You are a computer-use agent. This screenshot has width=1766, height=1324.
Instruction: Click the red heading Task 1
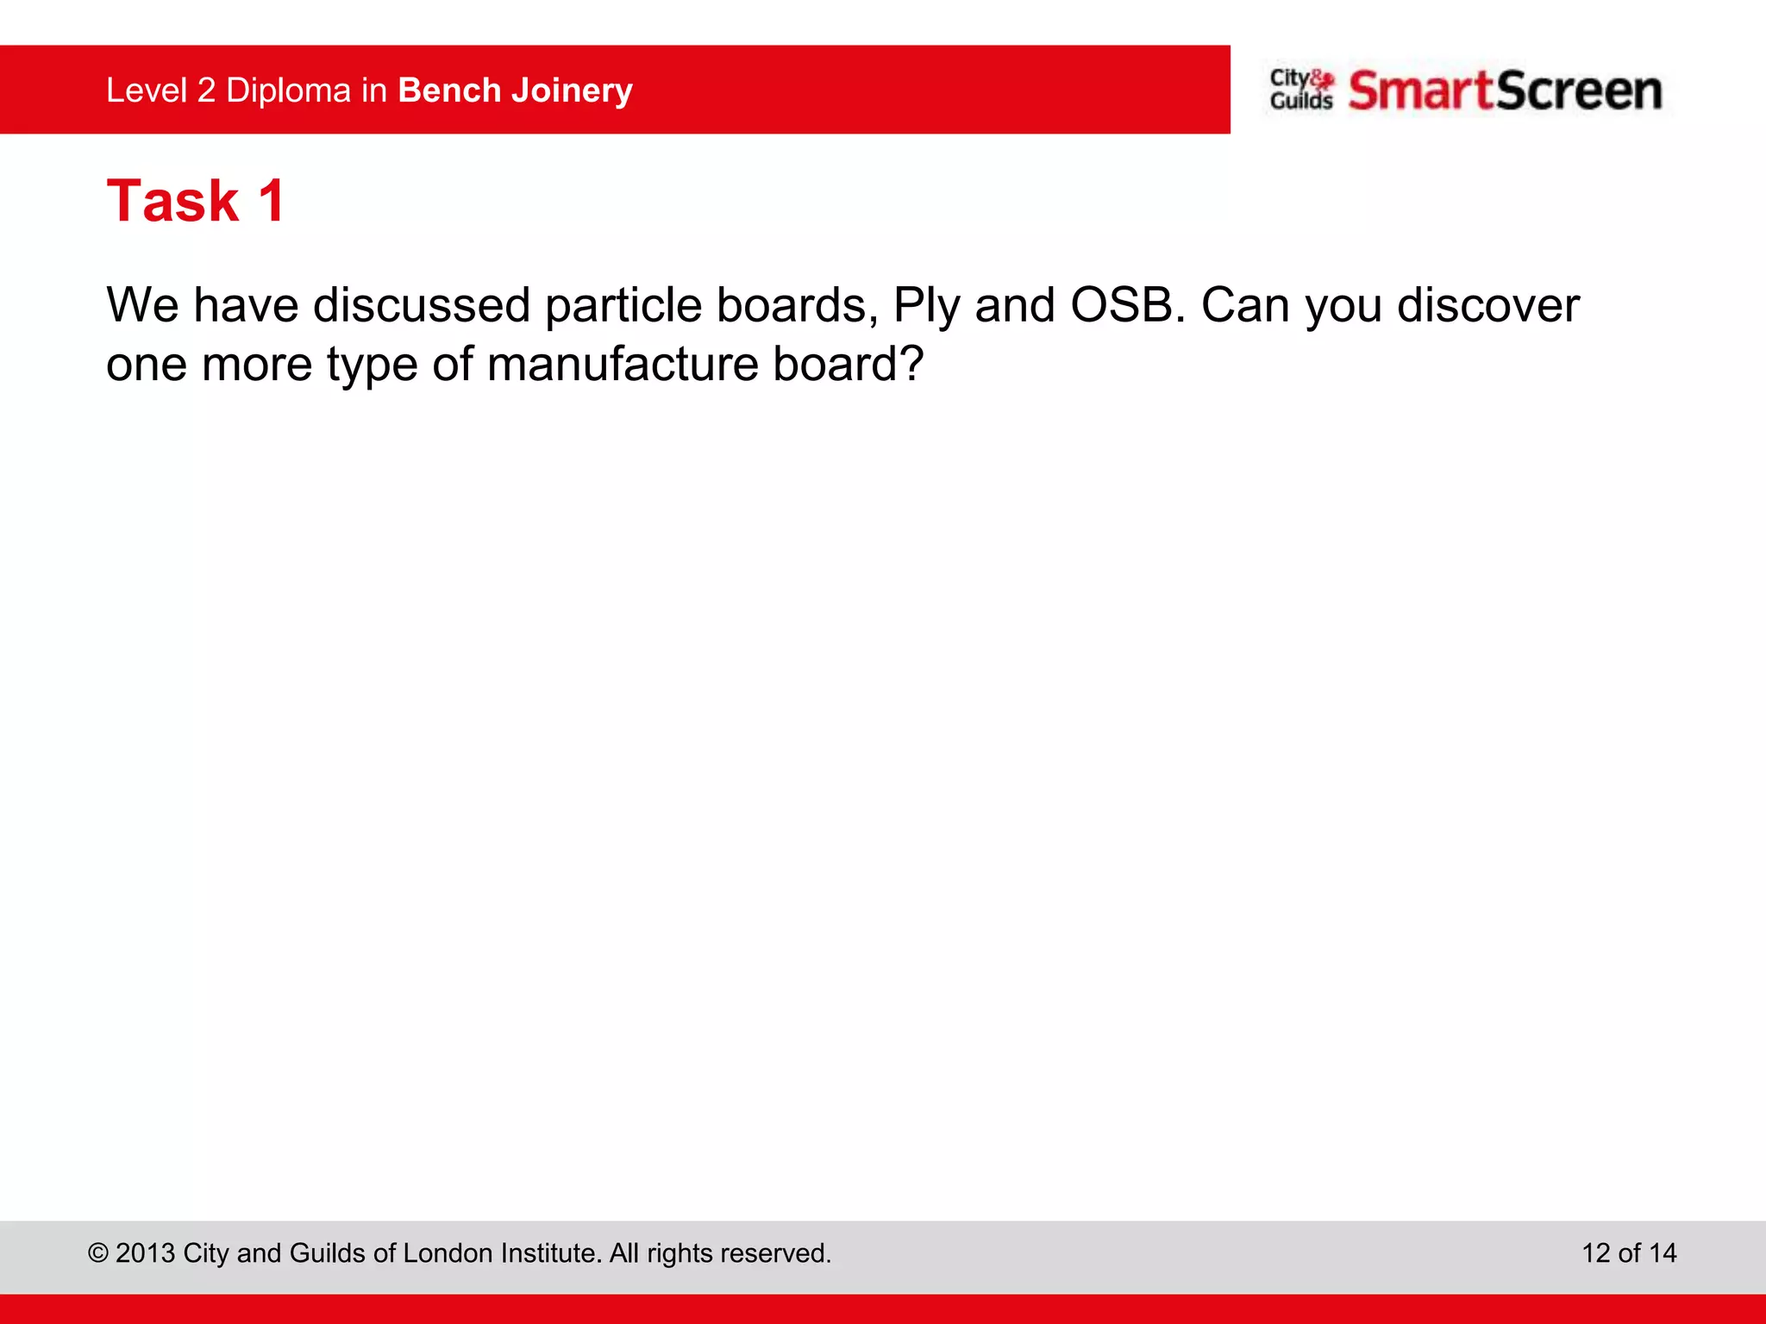(196, 202)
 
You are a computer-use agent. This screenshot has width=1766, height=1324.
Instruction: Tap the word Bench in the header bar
(449, 91)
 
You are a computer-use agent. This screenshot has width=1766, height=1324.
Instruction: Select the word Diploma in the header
(288, 91)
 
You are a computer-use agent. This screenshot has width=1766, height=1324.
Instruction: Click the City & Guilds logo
(1301, 90)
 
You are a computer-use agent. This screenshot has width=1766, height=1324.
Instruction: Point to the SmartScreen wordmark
(1505, 91)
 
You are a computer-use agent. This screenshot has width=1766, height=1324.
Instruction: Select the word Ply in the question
(926, 307)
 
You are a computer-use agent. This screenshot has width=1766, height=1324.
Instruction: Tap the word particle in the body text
(623, 305)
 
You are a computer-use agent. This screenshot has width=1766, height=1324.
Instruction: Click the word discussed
(422, 305)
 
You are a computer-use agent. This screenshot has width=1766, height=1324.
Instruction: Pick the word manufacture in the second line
(623, 364)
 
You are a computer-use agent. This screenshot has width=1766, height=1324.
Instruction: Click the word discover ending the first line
(1487, 305)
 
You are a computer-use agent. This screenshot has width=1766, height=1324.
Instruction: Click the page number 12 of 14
(1629, 1252)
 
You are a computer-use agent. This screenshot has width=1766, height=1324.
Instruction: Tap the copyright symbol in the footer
(98, 1253)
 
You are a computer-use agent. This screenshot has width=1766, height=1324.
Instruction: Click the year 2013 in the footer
(145, 1252)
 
